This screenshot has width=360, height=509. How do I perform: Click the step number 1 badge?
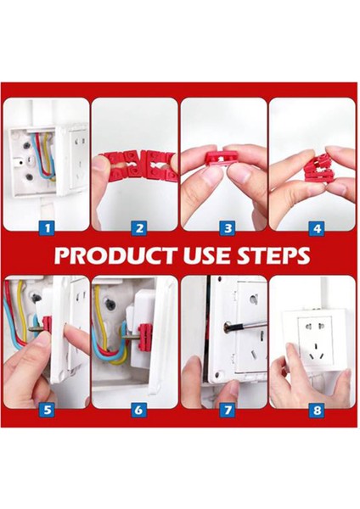tap(48, 227)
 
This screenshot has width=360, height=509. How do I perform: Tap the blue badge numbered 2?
tap(138, 227)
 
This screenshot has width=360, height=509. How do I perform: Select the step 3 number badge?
tap(226, 227)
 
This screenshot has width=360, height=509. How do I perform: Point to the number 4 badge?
tap(315, 227)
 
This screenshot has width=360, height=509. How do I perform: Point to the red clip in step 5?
tap(48, 322)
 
